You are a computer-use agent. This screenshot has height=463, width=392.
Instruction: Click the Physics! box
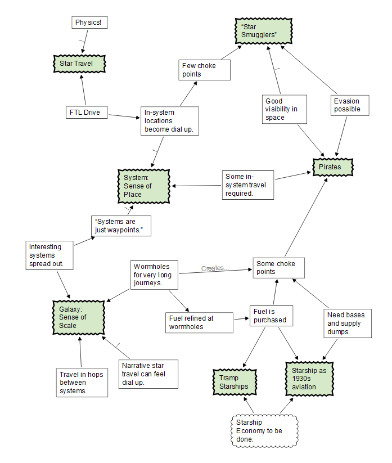[x=89, y=23]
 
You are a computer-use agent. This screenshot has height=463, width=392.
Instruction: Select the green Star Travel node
[x=80, y=64]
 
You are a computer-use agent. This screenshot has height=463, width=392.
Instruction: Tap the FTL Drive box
[x=84, y=113]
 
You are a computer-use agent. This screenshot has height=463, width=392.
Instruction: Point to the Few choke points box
[x=198, y=70]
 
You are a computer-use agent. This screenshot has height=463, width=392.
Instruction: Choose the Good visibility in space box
[x=284, y=109]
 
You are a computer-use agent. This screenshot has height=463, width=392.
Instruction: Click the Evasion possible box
[x=349, y=105]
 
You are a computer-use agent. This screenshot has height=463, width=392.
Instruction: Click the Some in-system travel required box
[x=247, y=185]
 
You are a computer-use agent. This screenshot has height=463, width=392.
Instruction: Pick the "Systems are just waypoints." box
[x=120, y=226]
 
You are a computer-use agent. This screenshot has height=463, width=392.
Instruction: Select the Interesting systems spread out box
[x=51, y=255]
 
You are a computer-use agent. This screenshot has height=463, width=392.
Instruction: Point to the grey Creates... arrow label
[x=215, y=268]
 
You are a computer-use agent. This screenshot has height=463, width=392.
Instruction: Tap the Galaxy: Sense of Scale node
[x=79, y=317]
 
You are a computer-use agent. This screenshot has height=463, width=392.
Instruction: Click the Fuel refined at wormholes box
[x=199, y=322]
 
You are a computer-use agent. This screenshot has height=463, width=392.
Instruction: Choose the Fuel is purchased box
[x=271, y=316]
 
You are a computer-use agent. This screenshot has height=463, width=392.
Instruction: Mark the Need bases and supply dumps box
[x=347, y=323]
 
